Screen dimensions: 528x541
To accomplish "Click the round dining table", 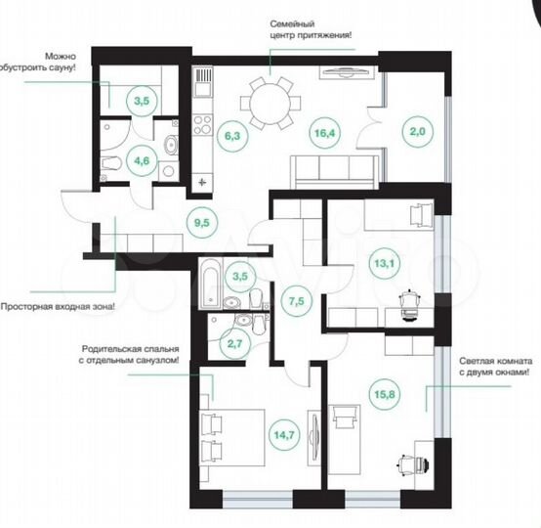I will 270,98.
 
